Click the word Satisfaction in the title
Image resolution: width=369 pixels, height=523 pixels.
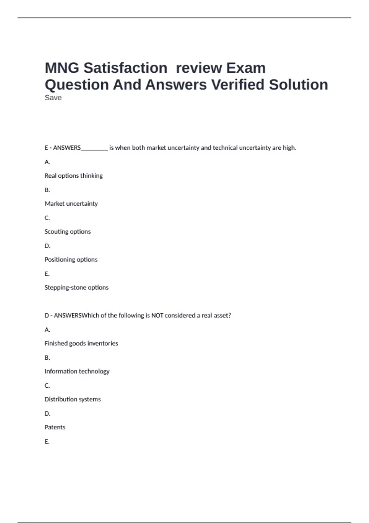125,68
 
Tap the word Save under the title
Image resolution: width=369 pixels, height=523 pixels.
53,98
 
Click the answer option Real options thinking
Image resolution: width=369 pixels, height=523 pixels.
74,176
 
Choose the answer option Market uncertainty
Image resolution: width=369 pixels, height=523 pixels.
71,204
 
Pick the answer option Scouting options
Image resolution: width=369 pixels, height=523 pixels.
68,232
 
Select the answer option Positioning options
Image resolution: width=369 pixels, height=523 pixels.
71,260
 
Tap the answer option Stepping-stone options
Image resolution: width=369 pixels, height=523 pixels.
77,288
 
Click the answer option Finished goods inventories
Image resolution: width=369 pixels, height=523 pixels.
81,343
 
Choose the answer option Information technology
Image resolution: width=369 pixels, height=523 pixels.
77,371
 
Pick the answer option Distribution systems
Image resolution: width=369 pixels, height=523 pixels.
73,399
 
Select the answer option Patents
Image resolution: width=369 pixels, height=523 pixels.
55,427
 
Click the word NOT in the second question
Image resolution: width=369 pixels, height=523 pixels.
157,315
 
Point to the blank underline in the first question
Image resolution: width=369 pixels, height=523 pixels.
94,149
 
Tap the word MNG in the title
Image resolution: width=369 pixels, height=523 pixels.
62,68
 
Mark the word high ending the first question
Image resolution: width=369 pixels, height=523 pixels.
289,148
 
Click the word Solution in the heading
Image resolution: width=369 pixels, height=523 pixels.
298,85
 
